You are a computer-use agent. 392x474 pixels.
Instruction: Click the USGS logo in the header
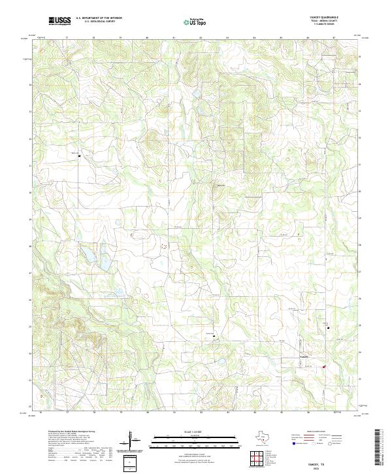(60, 21)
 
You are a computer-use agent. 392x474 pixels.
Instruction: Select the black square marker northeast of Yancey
(328, 328)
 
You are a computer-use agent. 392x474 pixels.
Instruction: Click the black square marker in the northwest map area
(80, 156)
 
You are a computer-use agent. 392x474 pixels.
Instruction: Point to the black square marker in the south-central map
(213, 337)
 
